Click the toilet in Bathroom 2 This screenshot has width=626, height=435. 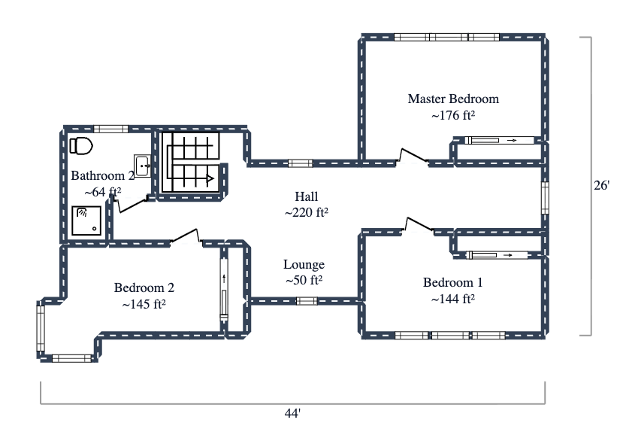click(x=80, y=145)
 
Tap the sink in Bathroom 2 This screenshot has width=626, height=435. click(x=142, y=165)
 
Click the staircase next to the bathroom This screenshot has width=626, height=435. click(x=192, y=163)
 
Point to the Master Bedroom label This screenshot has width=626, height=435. click(x=452, y=99)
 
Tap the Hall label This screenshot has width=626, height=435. click(x=307, y=196)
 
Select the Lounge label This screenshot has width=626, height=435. click(x=304, y=264)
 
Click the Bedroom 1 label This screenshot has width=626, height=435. click(x=452, y=283)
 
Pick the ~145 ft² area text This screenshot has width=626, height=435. click(x=144, y=305)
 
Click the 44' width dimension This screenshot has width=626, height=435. click(x=292, y=413)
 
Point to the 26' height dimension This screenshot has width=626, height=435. click(x=601, y=184)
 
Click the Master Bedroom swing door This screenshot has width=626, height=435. click(x=413, y=155)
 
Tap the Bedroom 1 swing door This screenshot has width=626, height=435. click(x=419, y=224)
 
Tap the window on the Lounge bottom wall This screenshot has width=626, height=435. click(x=306, y=301)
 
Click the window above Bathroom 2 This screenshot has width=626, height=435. click(x=107, y=129)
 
